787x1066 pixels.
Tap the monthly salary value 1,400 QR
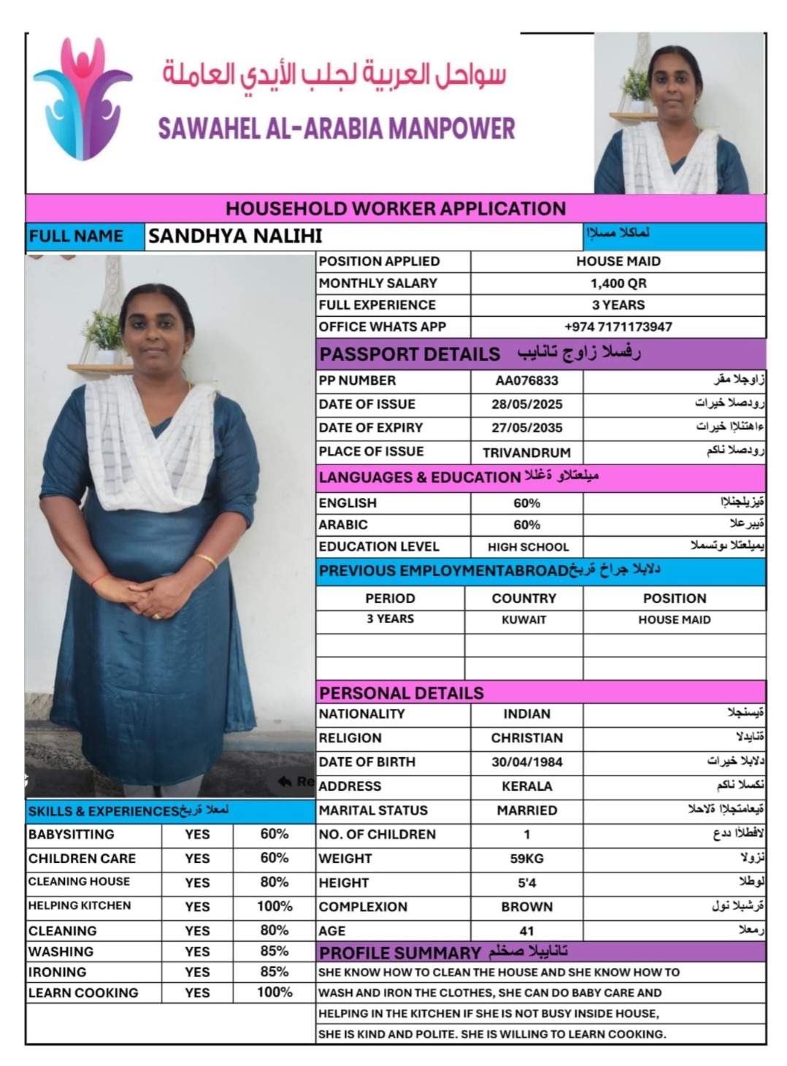click(x=618, y=283)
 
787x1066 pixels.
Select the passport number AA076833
click(x=526, y=380)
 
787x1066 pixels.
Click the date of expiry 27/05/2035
click(x=526, y=428)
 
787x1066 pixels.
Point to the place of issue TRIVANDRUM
click(x=526, y=453)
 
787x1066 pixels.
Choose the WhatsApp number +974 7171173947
click(x=618, y=327)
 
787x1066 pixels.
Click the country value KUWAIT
click(x=523, y=620)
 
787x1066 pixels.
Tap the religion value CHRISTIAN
click(x=526, y=738)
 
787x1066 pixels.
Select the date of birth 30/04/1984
click(x=526, y=762)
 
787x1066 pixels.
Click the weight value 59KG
click(x=526, y=859)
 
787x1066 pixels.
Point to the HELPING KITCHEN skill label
click(x=80, y=905)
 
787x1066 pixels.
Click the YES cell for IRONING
click(x=197, y=973)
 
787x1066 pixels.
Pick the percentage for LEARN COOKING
click(x=275, y=992)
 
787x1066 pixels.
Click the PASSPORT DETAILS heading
click(x=410, y=354)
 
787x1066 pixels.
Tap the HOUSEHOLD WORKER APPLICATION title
click(x=395, y=209)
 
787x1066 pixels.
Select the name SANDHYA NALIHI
click(x=234, y=236)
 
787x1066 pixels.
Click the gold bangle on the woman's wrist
click(x=207, y=561)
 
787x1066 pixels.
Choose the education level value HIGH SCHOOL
click(x=528, y=547)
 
